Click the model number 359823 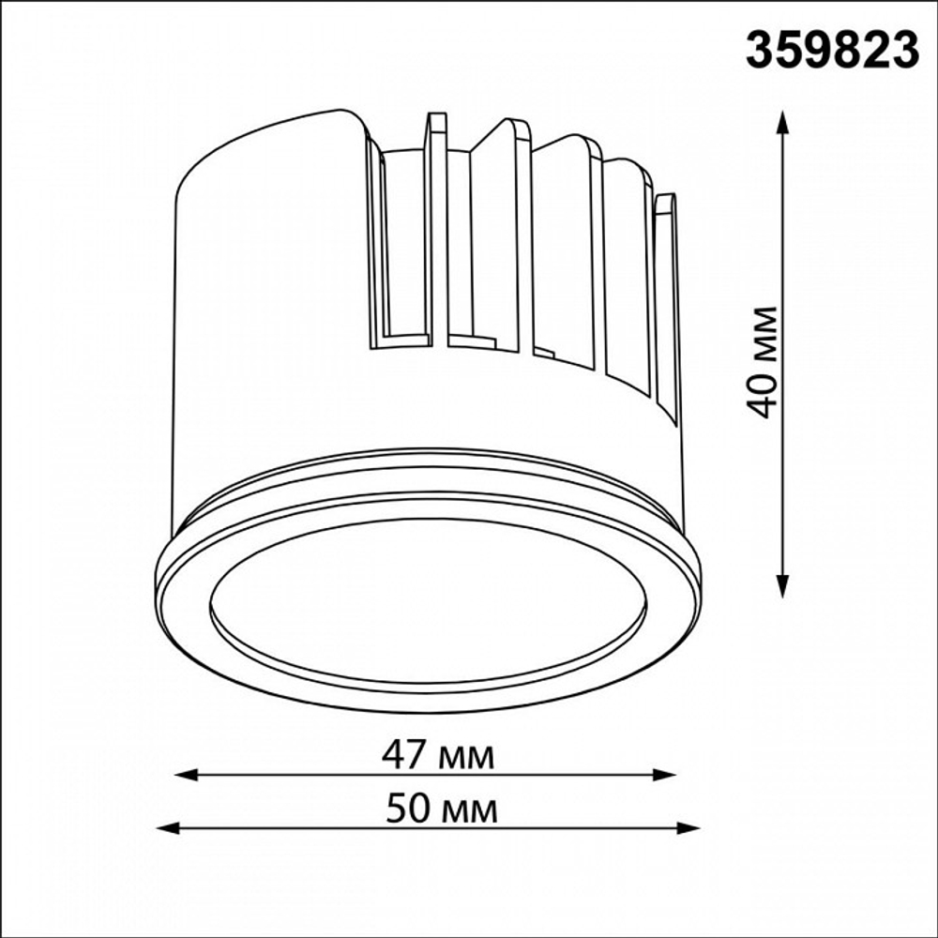pyautogui.click(x=832, y=51)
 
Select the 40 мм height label pyautogui.click(x=764, y=362)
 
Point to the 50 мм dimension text pyautogui.click(x=442, y=810)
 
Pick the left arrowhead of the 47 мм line pyautogui.click(x=186, y=776)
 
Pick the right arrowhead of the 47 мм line pyautogui.click(x=664, y=775)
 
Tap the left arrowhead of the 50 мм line pyautogui.click(x=168, y=828)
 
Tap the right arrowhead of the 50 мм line pyautogui.click(x=688, y=828)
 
